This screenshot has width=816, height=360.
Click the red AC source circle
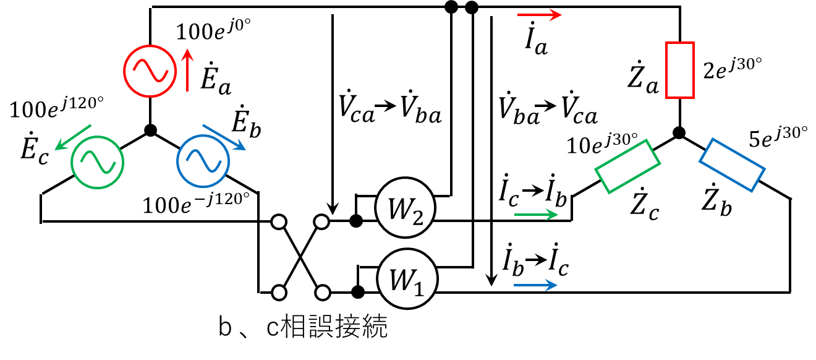click(150, 71)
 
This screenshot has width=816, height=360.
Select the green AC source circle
click(98, 161)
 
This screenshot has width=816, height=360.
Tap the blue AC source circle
click(203, 160)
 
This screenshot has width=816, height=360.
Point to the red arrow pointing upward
click(187, 71)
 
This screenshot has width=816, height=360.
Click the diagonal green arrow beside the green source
click(73, 137)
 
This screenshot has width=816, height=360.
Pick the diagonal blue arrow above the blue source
click(224, 137)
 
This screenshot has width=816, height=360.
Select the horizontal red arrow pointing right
click(539, 14)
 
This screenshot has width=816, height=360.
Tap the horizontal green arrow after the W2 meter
click(536, 215)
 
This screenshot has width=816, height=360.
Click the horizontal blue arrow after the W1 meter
click(535, 285)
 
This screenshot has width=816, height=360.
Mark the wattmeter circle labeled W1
click(407, 280)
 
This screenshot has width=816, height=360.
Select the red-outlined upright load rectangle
click(680, 70)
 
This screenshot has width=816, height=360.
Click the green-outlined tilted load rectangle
click(627, 166)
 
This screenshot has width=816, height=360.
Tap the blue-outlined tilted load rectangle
click(733, 165)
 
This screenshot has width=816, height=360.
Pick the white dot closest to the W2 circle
click(321, 221)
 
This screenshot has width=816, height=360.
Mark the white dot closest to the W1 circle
click(323, 293)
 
